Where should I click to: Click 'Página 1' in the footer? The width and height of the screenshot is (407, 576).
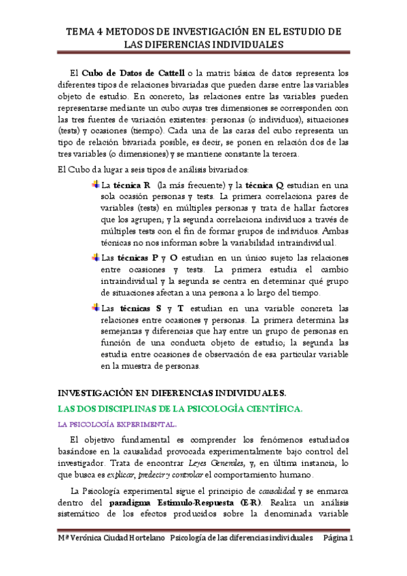pos(338,557)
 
